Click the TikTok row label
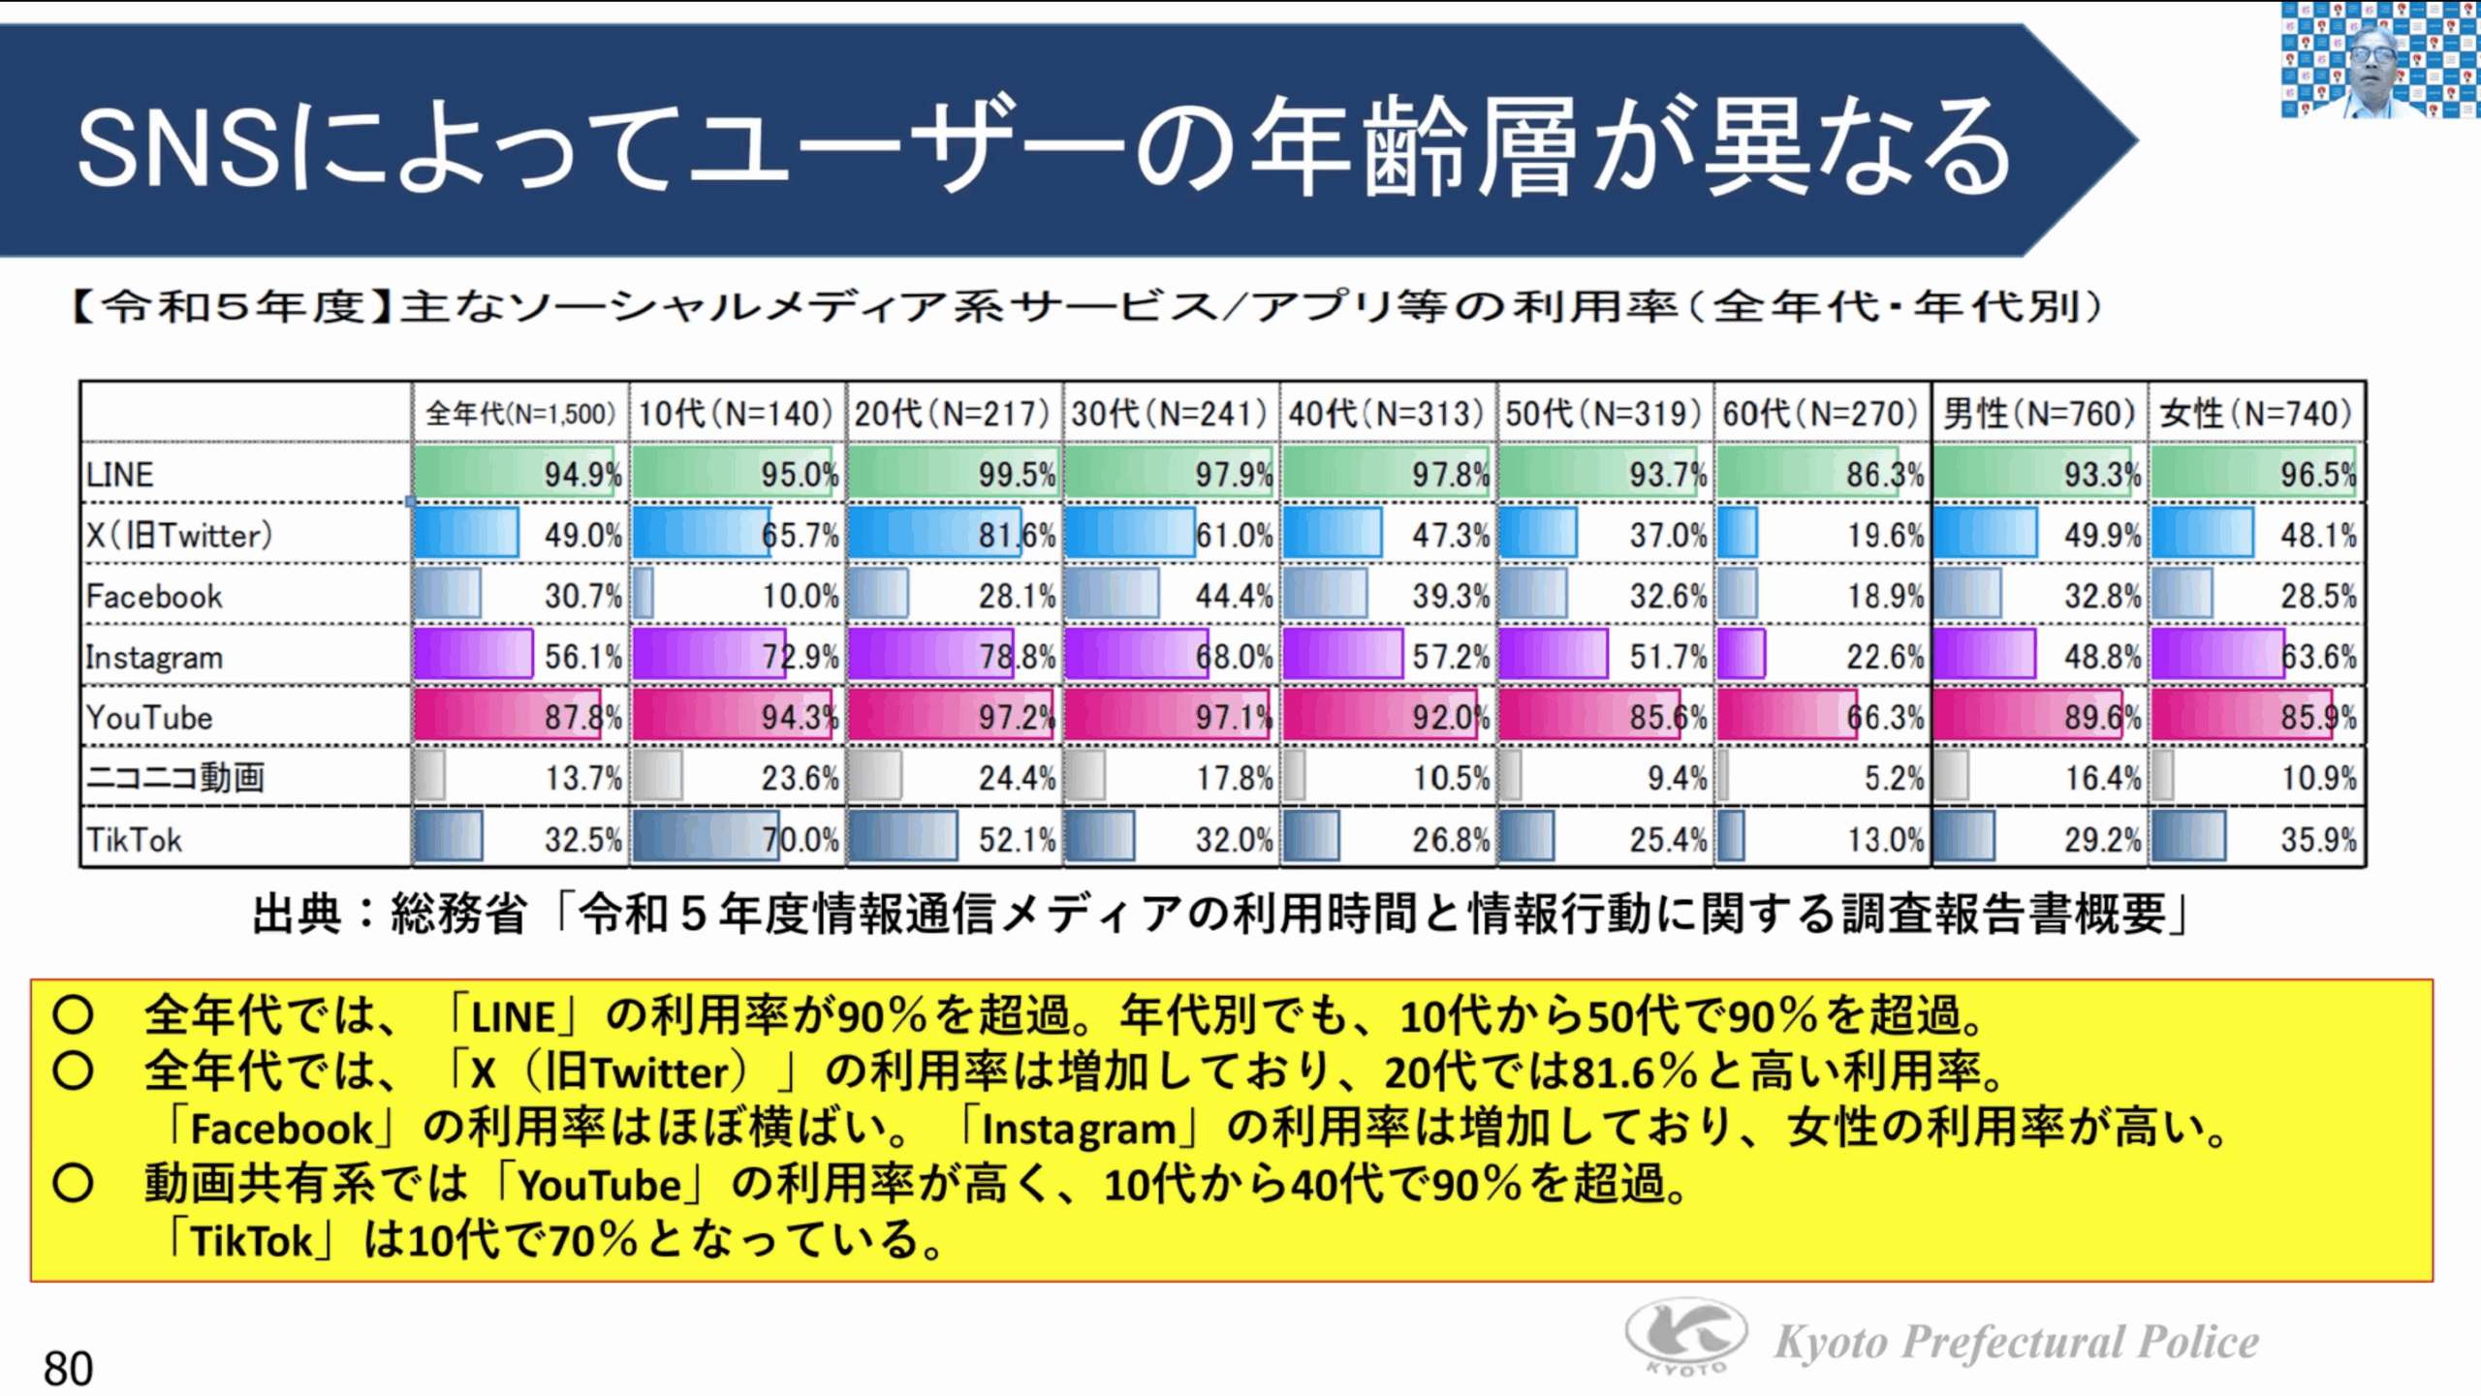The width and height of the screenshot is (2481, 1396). tap(134, 839)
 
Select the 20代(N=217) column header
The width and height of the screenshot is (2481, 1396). tap(952, 415)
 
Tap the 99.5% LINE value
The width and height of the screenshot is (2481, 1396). tap(1017, 475)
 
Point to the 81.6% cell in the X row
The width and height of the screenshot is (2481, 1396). tap(1017, 535)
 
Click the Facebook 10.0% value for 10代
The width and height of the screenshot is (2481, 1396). tap(800, 596)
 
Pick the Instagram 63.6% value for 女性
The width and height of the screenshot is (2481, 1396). tap(2318, 657)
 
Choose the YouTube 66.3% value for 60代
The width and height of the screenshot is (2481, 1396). tap(1885, 718)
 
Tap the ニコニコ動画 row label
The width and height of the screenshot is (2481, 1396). tap(175, 778)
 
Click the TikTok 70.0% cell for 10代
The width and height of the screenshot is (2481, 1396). tap(800, 839)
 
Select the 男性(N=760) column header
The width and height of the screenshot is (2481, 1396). tap(2039, 415)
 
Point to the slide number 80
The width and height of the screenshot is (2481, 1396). tap(68, 1369)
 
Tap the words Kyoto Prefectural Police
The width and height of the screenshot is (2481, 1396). tap(2016, 1343)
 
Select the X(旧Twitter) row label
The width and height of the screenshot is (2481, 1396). tap(179, 535)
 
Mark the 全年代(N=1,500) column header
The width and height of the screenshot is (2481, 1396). tap(520, 415)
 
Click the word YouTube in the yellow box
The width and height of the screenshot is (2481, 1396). tap(599, 1185)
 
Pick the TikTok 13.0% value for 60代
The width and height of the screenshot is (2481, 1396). tap(1885, 839)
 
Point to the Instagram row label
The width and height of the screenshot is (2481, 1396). tap(154, 657)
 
